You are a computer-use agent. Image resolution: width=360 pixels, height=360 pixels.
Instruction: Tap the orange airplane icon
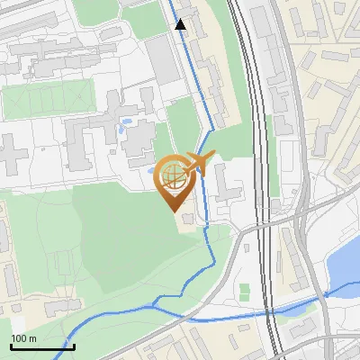click(x=199, y=163)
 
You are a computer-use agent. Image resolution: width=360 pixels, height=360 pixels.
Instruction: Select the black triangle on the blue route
click(x=181, y=24)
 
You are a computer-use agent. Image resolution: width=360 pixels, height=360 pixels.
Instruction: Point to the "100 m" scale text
click(x=24, y=338)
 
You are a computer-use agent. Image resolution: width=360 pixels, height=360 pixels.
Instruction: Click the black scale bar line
click(x=42, y=346)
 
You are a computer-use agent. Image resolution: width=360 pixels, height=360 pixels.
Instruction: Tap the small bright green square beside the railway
click(x=244, y=291)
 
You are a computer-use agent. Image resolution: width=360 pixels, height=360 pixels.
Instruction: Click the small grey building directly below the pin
click(x=186, y=219)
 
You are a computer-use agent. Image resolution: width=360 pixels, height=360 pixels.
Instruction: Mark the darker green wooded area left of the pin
click(x=108, y=216)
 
